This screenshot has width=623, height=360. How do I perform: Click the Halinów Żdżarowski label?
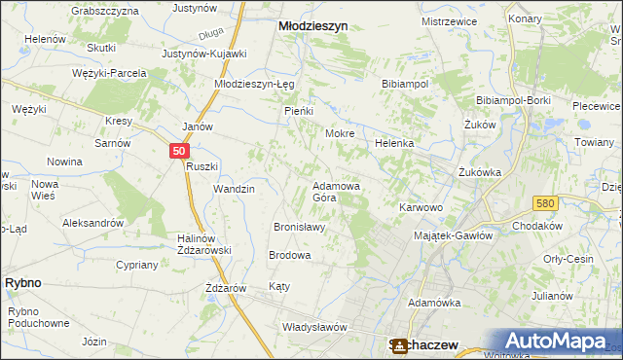(202, 244)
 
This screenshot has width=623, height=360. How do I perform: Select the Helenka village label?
(394, 143)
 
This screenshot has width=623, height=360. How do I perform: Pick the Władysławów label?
(314, 327)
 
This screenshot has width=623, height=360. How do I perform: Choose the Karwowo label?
(421, 207)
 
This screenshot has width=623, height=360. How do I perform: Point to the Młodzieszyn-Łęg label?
(254, 84)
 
